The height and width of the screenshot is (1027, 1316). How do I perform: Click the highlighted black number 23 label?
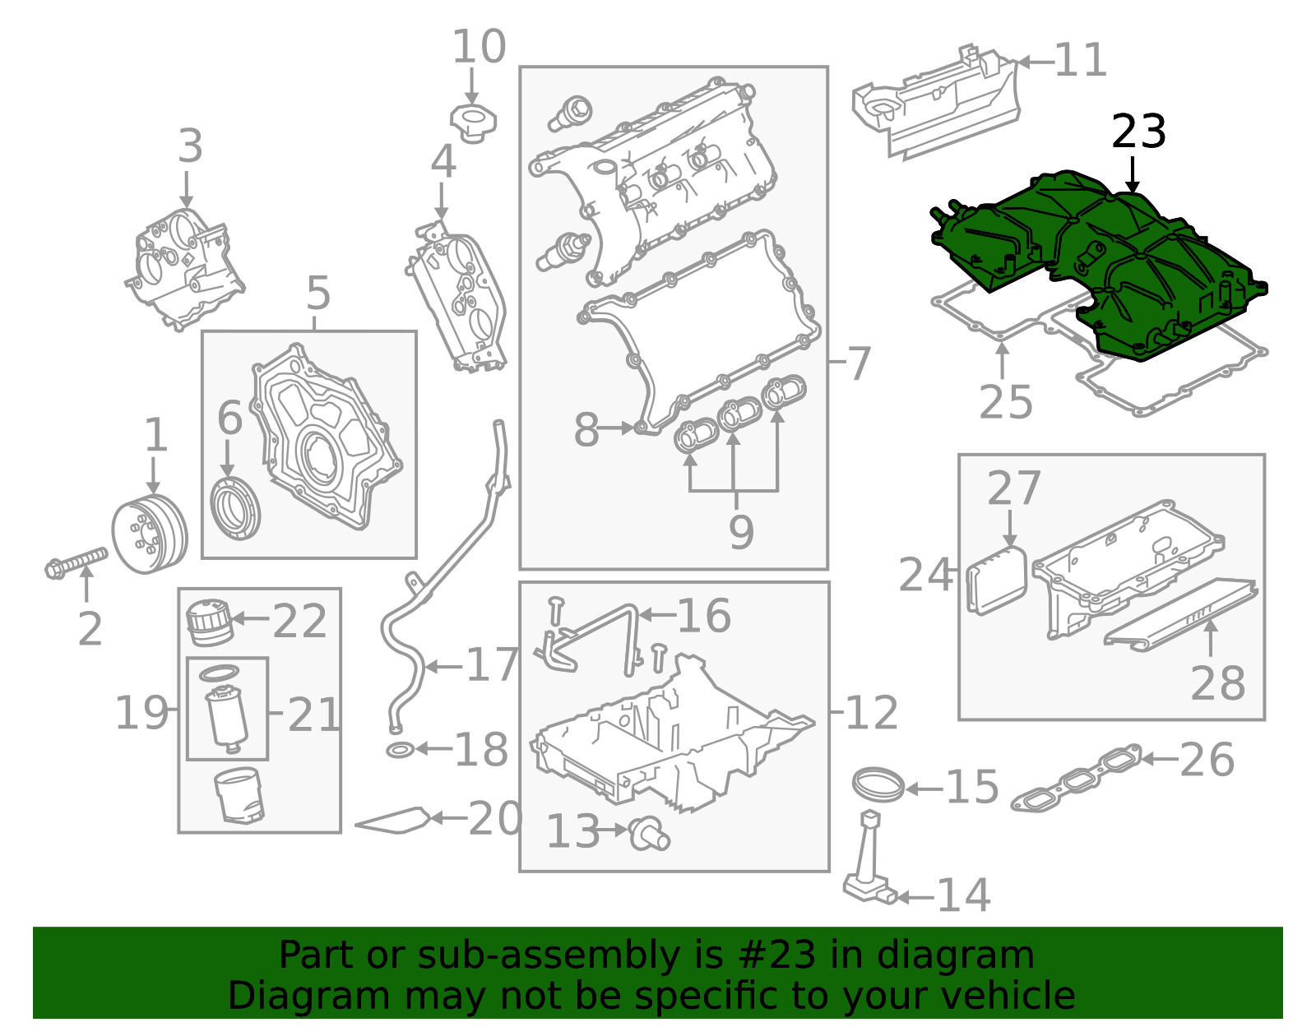[1138, 132]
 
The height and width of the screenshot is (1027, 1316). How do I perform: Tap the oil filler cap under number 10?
[473, 123]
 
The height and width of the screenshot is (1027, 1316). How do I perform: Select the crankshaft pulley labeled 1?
[149, 535]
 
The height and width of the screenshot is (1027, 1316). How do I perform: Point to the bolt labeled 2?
[76, 562]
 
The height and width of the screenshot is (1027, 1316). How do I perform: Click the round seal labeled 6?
[236, 507]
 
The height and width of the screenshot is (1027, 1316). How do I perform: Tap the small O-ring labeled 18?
[400, 750]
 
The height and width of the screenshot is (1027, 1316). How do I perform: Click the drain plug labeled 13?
[649, 834]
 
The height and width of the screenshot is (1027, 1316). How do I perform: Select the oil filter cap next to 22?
[210, 623]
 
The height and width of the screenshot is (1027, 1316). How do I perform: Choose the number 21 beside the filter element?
[313, 715]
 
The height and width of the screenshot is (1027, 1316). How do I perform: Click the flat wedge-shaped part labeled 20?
[393, 821]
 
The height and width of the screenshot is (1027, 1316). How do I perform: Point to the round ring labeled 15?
[878, 784]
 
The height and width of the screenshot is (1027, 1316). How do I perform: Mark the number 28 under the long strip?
[1217, 682]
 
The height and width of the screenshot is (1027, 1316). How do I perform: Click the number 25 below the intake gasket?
[1005, 401]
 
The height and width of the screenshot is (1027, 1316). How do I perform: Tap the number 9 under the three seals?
[740, 532]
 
